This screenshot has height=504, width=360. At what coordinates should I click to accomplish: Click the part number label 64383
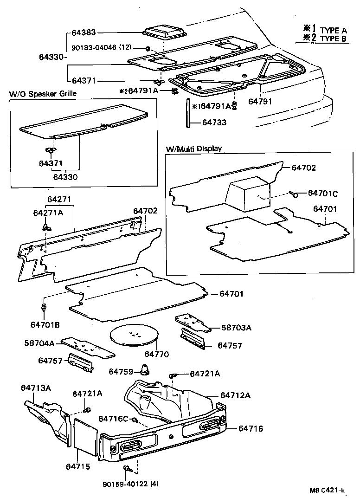(84, 33)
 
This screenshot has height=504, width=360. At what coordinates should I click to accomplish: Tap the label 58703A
(236, 328)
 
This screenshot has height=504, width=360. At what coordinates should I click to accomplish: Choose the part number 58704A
(40, 343)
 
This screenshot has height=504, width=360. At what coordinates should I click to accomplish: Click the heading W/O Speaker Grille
(43, 94)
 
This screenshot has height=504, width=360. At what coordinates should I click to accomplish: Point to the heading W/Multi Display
(194, 149)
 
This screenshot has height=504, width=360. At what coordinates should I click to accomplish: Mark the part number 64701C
(323, 193)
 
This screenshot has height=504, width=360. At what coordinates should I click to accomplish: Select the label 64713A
(36, 388)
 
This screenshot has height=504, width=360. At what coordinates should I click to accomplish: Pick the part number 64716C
(113, 419)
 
